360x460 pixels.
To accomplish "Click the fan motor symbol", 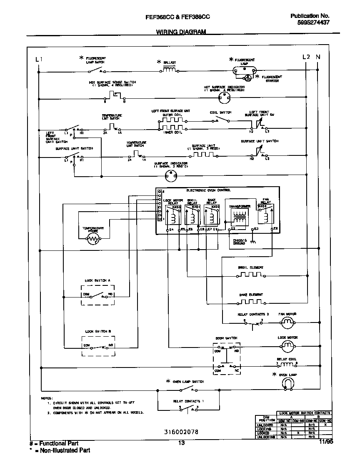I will click(x=287, y=322).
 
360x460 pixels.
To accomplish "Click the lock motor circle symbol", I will click(x=287, y=345).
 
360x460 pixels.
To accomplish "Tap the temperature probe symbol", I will click(x=92, y=238).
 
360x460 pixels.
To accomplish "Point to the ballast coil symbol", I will click(x=169, y=70).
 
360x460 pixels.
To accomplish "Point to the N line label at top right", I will click(x=318, y=57).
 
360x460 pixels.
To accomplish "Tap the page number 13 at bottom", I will click(x=181, y=443).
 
